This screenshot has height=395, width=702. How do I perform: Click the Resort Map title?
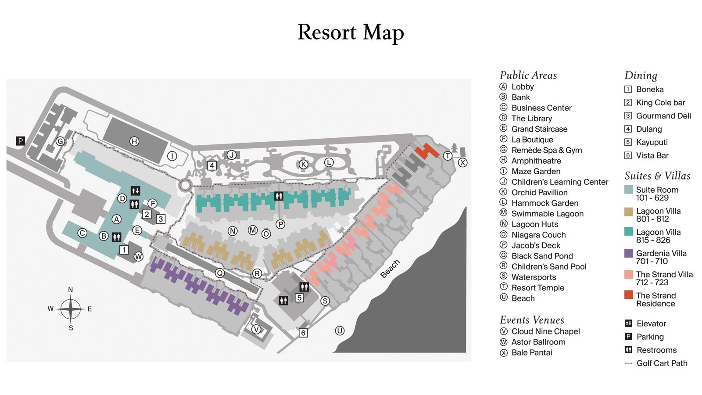click(351, 32)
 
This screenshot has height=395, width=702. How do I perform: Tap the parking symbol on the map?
click(20, 141)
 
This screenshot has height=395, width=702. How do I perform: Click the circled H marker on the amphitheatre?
click(134, 141)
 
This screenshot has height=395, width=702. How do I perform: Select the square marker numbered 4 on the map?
click(212, 165)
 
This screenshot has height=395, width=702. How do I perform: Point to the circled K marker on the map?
click(303, 164)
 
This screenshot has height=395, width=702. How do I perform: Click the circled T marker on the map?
click(448, 156)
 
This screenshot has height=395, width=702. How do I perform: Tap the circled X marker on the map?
click(462, 162)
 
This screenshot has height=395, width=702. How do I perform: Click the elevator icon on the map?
click(136, 190)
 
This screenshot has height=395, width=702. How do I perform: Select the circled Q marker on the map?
click(220, 273)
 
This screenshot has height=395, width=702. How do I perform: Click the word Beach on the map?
click(390, 269)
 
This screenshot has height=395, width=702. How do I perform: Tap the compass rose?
click(71, 309)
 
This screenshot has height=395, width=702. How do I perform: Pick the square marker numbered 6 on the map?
click(303, 333)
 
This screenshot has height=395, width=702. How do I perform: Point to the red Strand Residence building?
click(426, 151)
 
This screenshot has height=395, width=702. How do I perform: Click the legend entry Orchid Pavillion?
click(539, 192)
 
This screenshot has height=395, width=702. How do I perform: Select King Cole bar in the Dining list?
click(660, 102)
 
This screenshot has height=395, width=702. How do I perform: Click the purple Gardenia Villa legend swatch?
click(629, 253)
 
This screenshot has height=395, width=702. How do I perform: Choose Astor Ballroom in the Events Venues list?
click(538, 342)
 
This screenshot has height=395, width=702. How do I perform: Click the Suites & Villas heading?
click(657, 176)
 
